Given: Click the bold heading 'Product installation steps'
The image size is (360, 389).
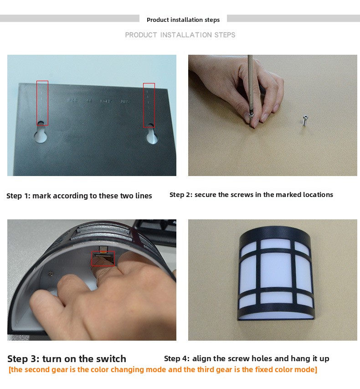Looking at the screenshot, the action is tap(183, 20).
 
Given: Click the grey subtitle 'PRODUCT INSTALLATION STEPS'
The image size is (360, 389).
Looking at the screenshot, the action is tap(180, 35).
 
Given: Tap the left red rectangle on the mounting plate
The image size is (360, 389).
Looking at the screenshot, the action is tap(42, 103).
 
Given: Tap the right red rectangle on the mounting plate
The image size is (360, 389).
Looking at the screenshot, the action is tap(149, 105).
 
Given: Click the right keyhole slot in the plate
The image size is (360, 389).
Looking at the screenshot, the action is tap(152, 135).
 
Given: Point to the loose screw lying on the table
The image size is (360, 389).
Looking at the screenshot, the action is tap(305, 120).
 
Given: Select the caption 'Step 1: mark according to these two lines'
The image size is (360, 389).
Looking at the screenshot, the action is tap(79, 196).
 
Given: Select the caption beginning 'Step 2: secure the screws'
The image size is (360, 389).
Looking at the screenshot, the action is tap(251, 195).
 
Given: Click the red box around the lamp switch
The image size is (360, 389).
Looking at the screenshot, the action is tap(103, 258).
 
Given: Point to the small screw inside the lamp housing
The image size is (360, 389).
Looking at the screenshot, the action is tap(51, 274).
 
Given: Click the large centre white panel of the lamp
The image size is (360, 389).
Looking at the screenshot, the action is tap(275, 270).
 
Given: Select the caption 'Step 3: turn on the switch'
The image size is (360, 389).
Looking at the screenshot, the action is tap(67, 359).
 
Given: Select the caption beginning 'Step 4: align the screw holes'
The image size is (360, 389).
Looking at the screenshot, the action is tap(247, 358).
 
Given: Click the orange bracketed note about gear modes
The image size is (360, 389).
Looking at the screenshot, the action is tap(163, 370).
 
